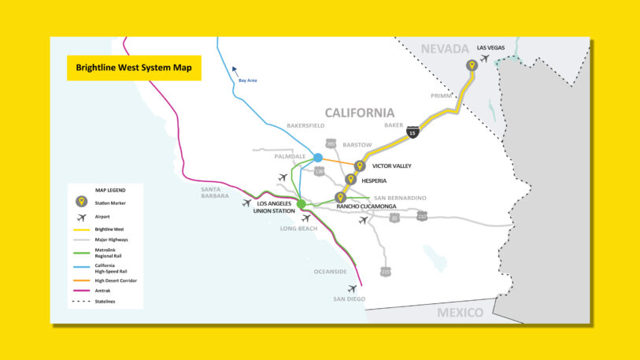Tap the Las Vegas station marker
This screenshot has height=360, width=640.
[x=472, y=66]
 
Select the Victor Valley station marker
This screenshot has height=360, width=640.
[x=360, y=166]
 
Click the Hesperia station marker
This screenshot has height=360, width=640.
[x=350, y=180]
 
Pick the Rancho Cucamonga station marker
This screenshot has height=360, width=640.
[x=340, y=197]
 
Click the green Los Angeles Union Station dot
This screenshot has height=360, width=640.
[x=302, y=205]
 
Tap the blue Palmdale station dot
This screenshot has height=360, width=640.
[x=318, y=158]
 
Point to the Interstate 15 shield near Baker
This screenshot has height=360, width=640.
[x=414, y=133]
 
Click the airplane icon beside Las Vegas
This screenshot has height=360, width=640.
[x=485, y=58]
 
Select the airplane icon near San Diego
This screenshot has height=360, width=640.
[x=352, y=288]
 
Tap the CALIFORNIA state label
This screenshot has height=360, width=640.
[x=360, y=113]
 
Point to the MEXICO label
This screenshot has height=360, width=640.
[x=461, y=313]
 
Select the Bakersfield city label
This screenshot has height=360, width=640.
[x=305, y=125]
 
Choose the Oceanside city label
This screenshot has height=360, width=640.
[x=330, y=273]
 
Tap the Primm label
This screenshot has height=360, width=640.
[x=442, y=95]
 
